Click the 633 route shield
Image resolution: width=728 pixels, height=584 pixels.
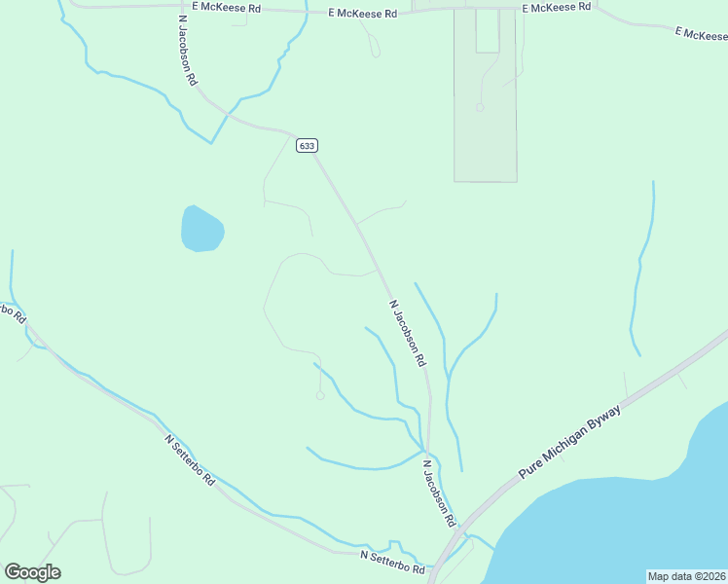click(307, 145)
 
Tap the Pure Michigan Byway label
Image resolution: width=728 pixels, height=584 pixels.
click(569, 441)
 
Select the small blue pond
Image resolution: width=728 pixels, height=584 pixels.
click(201, 230)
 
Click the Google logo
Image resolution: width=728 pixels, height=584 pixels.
click(32, 572)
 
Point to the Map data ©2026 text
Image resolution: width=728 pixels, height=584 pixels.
click(687, 576)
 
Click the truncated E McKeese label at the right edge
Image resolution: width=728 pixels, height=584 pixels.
click(702, 34)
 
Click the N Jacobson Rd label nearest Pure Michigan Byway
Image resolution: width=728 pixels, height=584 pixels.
click(439, 494)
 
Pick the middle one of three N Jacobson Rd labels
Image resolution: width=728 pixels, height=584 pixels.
click(408, 333)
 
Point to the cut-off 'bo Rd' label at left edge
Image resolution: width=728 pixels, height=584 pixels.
click(13, 312)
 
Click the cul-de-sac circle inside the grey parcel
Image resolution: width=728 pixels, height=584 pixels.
click(480, 107)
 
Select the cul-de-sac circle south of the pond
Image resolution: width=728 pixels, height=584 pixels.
click(319, 395)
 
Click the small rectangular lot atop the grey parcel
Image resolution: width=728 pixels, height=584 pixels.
click(488, 31)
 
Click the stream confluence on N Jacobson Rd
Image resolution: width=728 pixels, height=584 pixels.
click(425, 450)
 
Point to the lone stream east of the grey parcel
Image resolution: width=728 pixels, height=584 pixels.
click(642, 263)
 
